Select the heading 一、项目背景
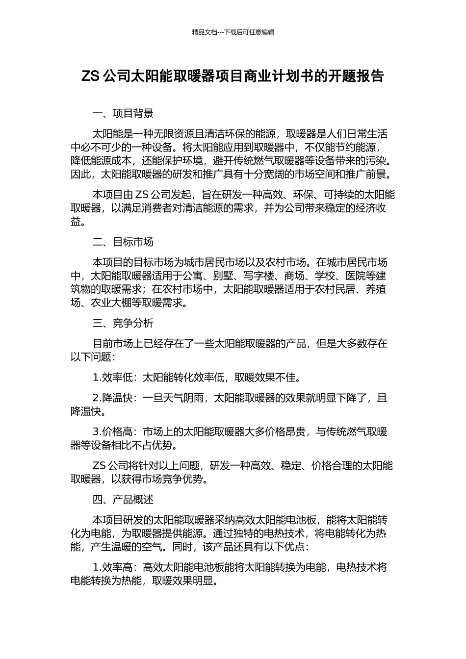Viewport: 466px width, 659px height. pyautogui.click(x=123, y=114)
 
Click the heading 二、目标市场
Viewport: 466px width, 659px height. pyautogui.click(x=123, y=242)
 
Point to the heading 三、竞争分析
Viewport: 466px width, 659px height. pyautogui.click(x=123, y=323)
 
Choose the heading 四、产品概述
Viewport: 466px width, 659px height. pyautogui.click(x=123, y=500)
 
